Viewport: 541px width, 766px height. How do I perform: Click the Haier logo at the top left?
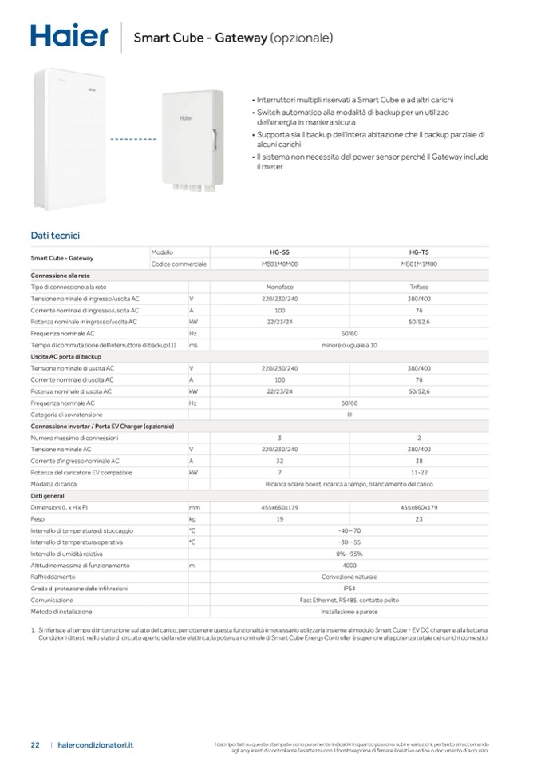pyautogui.click(x=69, y=35)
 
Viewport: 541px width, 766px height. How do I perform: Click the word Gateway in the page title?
pyautogui.click(x=243, y=37)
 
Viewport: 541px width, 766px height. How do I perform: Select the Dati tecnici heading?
pyautogui.click(x=54, y=235)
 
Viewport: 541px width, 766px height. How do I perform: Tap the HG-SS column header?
pyautogui.click(x=279, y=252)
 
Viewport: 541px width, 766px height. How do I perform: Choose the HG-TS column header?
pyautogui.click(x=419, y=252)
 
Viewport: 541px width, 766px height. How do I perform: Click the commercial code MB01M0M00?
pyautogui.click(x=279, y=264)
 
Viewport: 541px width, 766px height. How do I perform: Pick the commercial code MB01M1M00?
pyautogui.click(x=419, y=264)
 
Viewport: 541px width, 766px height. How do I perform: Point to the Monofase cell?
pyautogui.click(x=279, y=287)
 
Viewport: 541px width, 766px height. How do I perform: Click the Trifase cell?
pyautogui.click(x=419, y=287)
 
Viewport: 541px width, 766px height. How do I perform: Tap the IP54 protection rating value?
pyautogui.click(x=349, y=588)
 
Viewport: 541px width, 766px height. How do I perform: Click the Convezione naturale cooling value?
pyautogui.click(x=349, y=577)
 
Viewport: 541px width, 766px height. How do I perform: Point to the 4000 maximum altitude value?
pyautogui.click(x=349, y=565)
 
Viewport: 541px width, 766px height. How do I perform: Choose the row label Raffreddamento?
pyautogui.click(x=53, y=577)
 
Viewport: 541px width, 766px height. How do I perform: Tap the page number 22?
pyautogui.click(x=35, y=744)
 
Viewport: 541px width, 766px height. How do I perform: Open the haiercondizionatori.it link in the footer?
pyautogui.click(x=97, y=744)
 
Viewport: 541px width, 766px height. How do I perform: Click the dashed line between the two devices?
pyautogui.click(x=132, y=139)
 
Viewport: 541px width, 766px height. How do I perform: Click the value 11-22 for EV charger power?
pyautogui.click(x=419, y=472)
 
